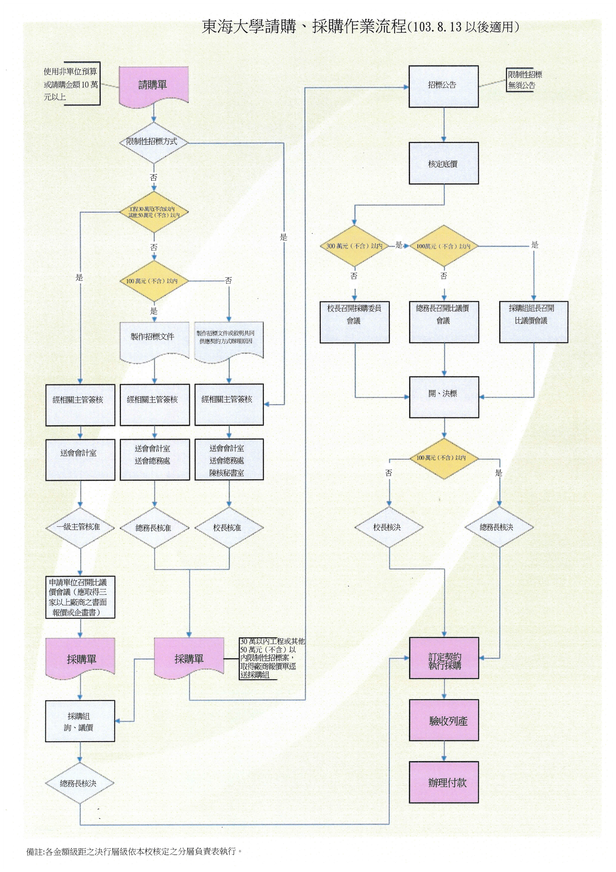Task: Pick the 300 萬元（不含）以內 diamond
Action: pos(354,246)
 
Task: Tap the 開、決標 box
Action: pos(444,397)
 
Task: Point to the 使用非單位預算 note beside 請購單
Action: pos(71,84)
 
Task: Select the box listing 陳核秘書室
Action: pos(229,460)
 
